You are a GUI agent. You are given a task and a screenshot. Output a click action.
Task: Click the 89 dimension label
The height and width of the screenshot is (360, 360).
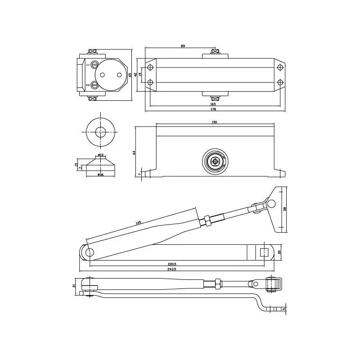(183, 46)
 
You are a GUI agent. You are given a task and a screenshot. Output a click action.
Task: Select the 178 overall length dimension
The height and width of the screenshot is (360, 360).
(213, 109)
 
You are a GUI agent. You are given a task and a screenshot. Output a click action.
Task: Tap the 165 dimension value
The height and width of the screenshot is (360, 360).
(213, 104)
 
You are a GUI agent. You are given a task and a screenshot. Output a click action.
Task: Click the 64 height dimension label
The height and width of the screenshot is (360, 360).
(134, 153)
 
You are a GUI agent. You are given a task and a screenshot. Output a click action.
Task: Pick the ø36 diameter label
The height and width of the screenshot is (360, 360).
(100, 175)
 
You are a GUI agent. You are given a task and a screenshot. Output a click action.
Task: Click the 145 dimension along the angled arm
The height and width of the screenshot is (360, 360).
(139, 222)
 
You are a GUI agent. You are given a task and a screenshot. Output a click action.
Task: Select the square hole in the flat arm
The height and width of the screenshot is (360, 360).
(264, 252)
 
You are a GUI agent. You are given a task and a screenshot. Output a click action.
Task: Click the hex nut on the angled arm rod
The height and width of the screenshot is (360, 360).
(208, 220)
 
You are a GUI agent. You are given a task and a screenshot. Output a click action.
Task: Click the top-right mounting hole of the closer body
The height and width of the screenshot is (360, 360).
(280, 67)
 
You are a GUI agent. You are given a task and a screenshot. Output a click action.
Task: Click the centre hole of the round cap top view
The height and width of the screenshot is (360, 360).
(100, 132)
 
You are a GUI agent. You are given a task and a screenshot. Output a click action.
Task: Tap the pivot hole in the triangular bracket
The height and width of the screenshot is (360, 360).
(271, 204)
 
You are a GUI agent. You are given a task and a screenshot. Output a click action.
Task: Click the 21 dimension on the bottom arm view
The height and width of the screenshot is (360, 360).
(74, 285)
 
